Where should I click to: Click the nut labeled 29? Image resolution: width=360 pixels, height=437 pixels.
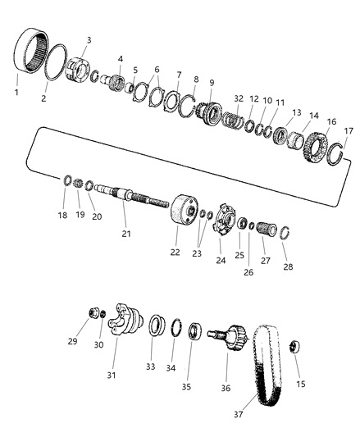click(x=94, y=313)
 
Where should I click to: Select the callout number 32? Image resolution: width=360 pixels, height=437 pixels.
click(x=239, y=97)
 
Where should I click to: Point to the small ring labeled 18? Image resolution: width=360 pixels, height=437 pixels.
click(x=67, y=180)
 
